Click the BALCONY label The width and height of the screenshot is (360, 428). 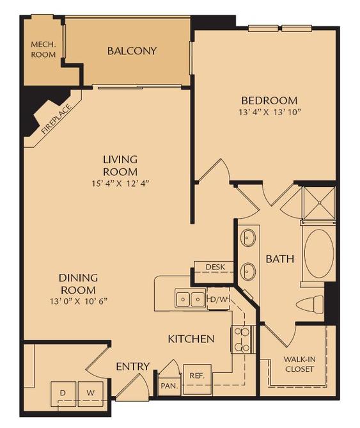tap(132, 51)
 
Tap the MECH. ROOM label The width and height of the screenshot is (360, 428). tap(43, 50)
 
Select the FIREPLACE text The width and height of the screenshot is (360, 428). tap(54, 117)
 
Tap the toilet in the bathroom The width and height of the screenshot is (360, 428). tap(313, 305)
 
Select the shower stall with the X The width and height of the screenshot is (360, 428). tap(317, 202)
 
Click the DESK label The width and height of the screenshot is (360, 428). tap(214, 267)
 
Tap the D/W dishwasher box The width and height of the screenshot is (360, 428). tap(217, 299)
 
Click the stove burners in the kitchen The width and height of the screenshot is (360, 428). tap(242, 340)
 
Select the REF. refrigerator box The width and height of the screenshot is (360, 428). tap(196, 376)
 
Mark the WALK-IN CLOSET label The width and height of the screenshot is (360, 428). tap(300, 364)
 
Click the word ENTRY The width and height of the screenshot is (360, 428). tap(132, 367)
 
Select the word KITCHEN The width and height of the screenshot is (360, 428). tap(191, 338)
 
